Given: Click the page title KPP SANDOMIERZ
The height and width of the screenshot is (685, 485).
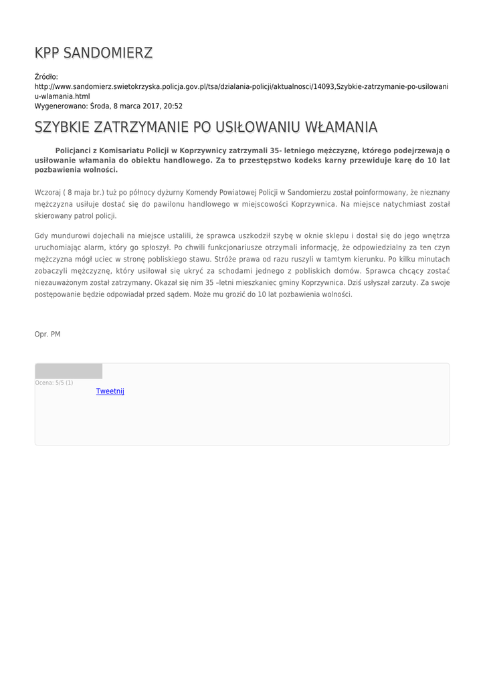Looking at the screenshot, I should pyautogui.click(x=94, y=53).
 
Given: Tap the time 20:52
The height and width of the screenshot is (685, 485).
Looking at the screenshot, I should pyautogui.click(x=173, y=106).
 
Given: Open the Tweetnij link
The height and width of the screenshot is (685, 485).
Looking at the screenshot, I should pyautogui.click(x=110, y=391).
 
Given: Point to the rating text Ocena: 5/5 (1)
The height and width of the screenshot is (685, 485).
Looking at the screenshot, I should pyautogui.click(x=54, y=383).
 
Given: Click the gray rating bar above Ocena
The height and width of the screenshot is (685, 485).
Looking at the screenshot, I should pyautogui.click(x=68, y=371).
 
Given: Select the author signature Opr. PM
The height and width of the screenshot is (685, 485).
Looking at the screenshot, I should pyautogui.click(x=47, y=334).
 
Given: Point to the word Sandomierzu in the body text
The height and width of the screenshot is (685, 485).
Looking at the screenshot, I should pyautogui.click(x=309, y=192).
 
